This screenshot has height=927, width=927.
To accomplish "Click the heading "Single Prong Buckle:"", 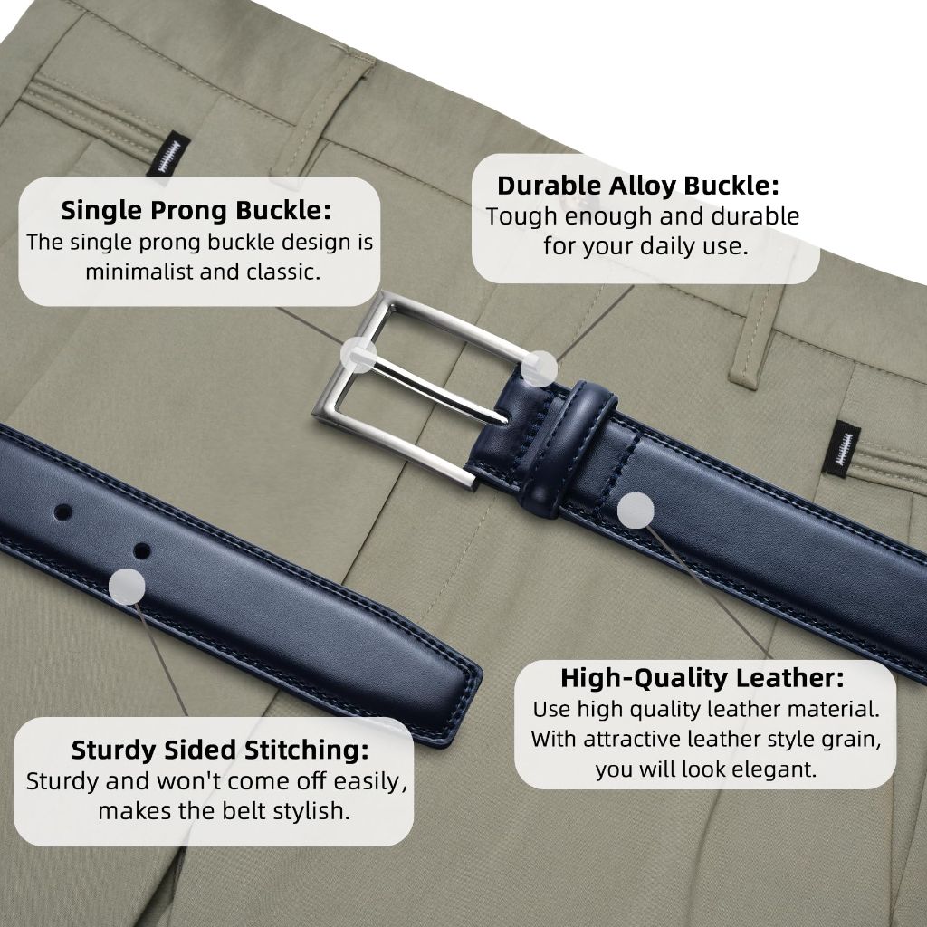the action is pos(196,210).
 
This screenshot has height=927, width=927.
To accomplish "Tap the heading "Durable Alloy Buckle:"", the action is pos(638,185).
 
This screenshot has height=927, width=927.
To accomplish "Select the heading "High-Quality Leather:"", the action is pos(702,677).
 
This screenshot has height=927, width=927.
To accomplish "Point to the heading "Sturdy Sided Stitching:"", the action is pos(220,750).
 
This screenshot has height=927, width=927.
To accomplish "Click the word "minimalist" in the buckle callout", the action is pos(139,272).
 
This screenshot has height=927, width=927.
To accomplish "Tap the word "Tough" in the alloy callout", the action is pos(521,216).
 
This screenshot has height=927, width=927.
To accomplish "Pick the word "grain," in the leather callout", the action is pos(850,740).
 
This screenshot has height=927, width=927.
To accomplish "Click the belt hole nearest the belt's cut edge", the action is pos(62,512).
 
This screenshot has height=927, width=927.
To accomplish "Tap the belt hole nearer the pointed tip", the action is pos(142,551).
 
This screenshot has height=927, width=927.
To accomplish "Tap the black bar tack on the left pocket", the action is pos(168,154).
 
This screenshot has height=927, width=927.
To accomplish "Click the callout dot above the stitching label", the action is pos(127,587).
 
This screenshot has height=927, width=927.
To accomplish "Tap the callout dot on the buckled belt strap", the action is pos(636,511).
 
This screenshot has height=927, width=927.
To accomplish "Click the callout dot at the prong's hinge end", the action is pos(358,355).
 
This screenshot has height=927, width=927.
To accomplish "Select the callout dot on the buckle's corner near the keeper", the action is pos(539,369).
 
